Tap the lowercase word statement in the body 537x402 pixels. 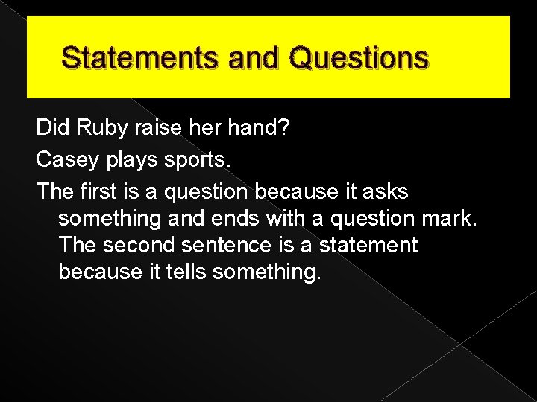[x=365, y=245]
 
